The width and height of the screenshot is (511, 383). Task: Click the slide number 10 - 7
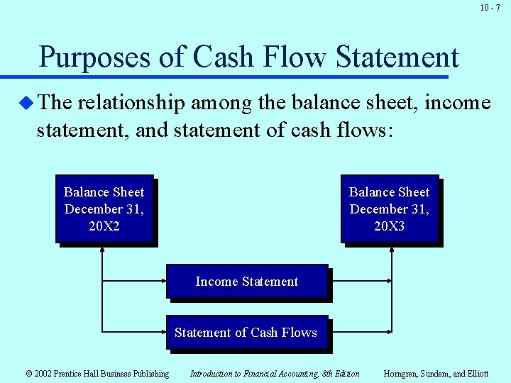click(x=490, y=8)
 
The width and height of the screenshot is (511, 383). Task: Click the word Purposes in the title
click(x=94, y=57)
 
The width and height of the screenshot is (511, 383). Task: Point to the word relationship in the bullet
click(x=136, y=104)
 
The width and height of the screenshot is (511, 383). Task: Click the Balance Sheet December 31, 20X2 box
click(x=104, y=209)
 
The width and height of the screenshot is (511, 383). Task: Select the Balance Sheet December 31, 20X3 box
click(x=390, y=209)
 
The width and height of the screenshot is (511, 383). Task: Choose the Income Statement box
click(x=247, y=282)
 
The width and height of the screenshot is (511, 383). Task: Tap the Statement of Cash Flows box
click(x=246, y=333)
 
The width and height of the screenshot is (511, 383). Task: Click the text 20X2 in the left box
click(x=104, y=226)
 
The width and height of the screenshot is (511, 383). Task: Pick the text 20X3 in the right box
click(x=390, y=226)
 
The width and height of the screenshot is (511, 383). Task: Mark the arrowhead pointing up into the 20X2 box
click(x=103, y=249)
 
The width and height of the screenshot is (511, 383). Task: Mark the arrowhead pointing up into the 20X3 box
click(x=392, y=249)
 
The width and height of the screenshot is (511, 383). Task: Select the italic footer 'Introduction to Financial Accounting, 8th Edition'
click(x=275, y=374)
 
